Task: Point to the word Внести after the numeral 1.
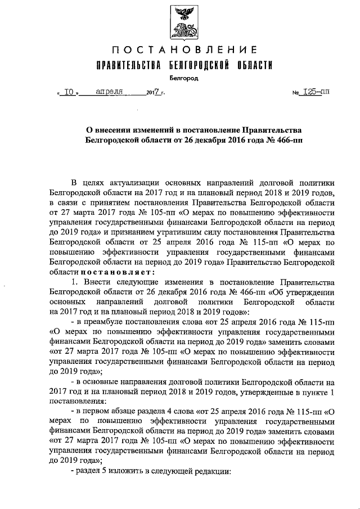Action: [98, 281]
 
